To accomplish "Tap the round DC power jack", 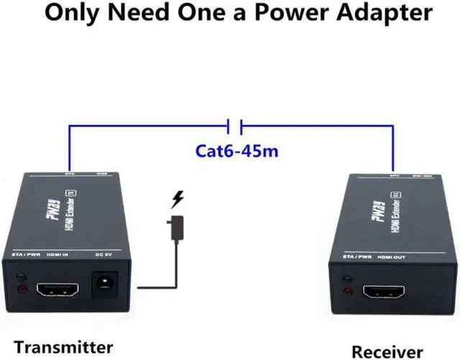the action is (106, 286).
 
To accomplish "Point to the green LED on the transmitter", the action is (22, 277).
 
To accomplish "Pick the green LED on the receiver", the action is (349, 280).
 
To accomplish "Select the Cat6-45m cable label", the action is (236, 152).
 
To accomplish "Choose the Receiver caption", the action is (387, 351).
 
